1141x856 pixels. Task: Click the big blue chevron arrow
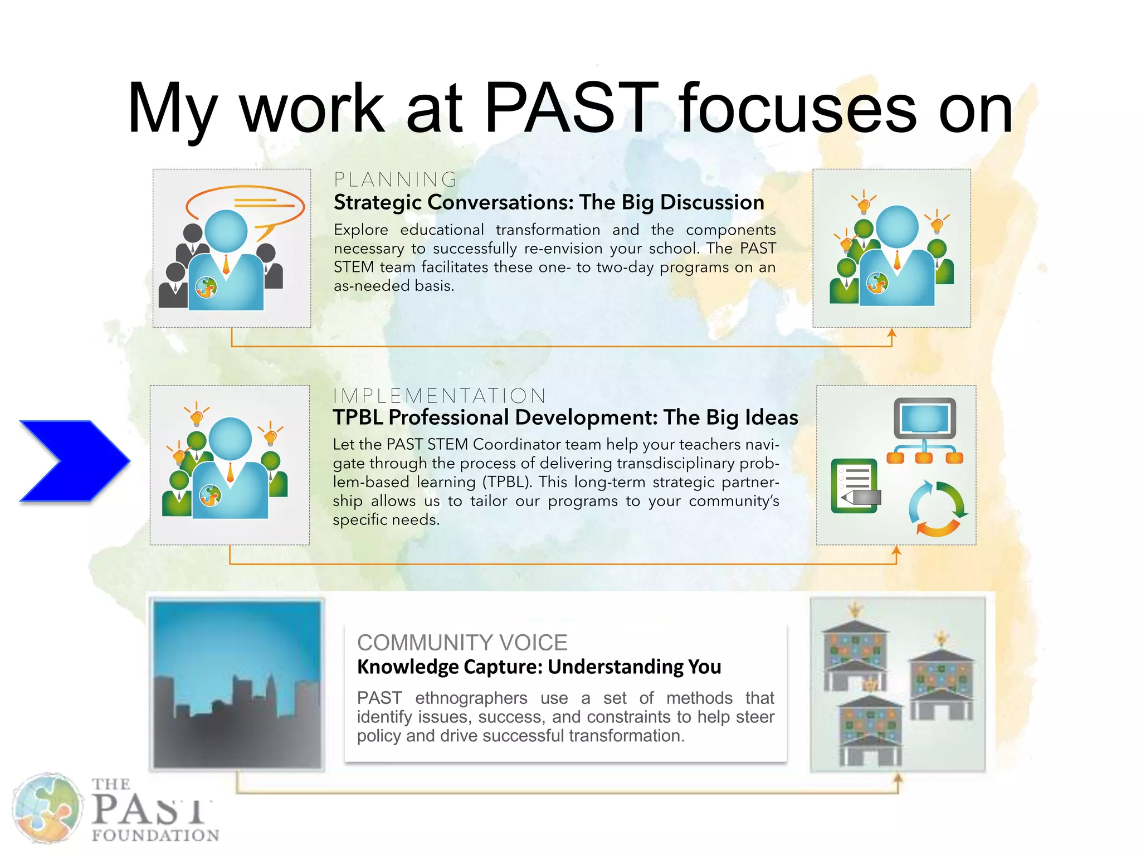[75, 461]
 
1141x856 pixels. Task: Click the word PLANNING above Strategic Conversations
[396, 179]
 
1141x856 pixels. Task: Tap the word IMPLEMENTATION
[439, 396]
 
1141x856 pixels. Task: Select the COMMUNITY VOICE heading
[462, 643]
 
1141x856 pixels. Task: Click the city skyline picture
[238, 685]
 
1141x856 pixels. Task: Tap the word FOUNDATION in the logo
[155, 835]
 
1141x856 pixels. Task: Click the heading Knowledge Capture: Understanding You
[539, 667]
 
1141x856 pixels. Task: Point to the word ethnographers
[471, 698]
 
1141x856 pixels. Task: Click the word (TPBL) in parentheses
[507, 481]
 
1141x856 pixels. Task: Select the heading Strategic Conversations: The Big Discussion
[549, 202]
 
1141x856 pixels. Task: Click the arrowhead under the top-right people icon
[891, 333]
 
